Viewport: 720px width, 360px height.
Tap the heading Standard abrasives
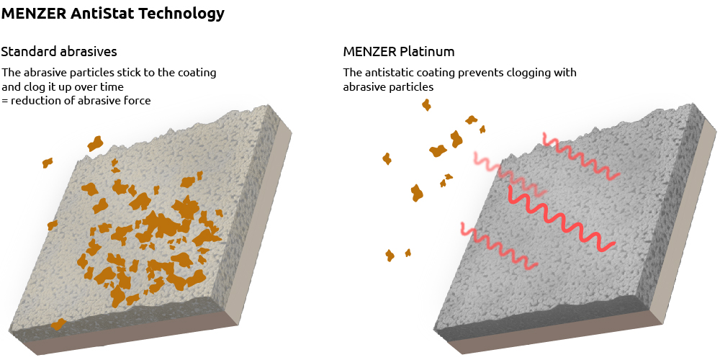pos(59,52)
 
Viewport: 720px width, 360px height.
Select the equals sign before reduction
pos(4,101)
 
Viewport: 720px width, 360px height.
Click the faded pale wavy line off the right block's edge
pos(490,165)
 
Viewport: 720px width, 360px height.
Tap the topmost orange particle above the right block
pos(426,105)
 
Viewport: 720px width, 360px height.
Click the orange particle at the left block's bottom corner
pos(58,324)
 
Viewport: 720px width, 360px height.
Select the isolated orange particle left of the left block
pos(48,163)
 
